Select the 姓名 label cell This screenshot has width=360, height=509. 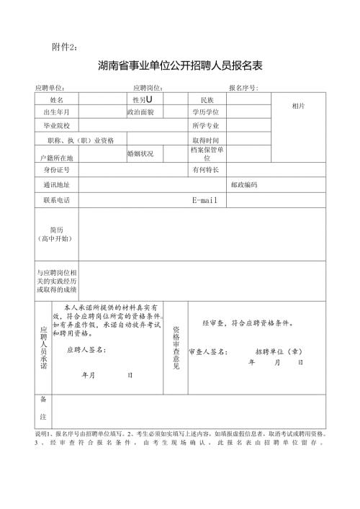(57, 99)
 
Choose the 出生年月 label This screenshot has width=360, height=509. (57, 112)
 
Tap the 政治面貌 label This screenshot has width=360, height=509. (140, 112)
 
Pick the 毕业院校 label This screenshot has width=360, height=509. (57, 125)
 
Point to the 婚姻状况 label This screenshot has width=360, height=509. (140, 153)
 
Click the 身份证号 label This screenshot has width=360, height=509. (57, 169)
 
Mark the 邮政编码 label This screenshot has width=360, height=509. (244, 184)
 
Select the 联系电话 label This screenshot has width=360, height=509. (57, 199)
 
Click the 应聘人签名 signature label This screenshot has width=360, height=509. (86, 350)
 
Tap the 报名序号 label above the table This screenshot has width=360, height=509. (243, 87)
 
